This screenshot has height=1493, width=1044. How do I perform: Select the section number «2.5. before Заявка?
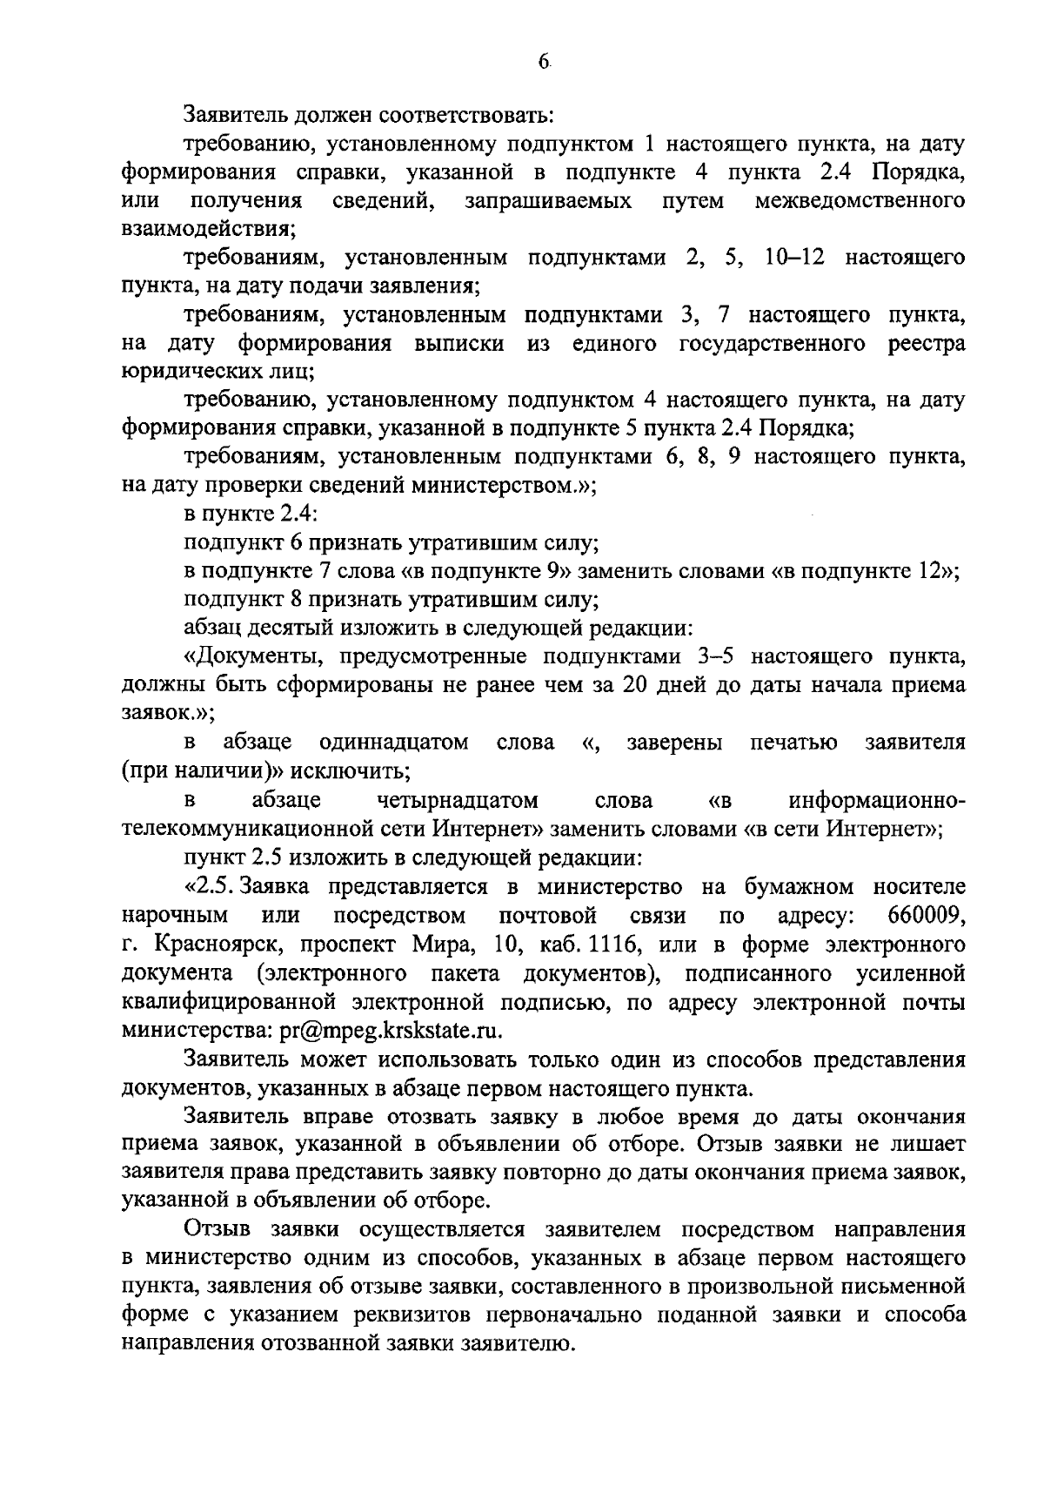tap(210, 887)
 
